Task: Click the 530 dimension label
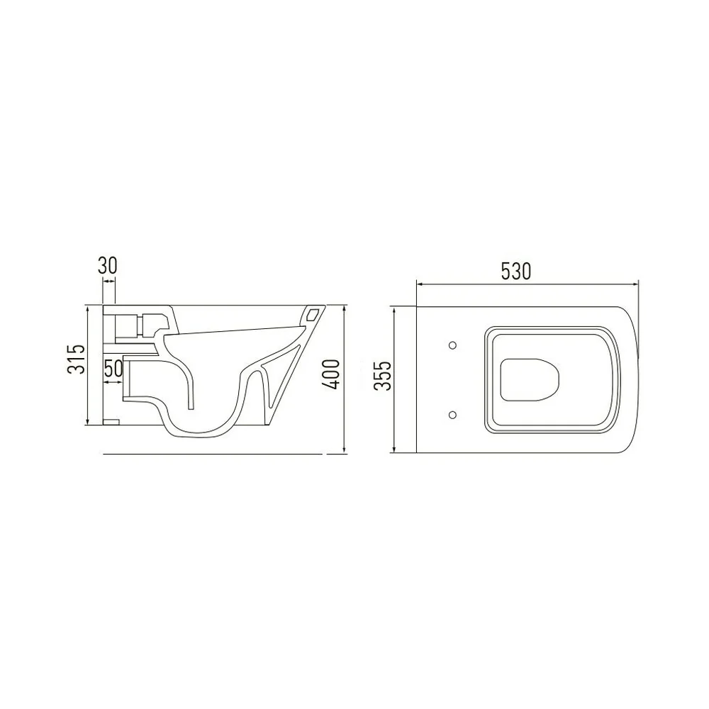tap(516, 272)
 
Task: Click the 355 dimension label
tap(384, 376)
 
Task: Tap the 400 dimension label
tap(331, 374)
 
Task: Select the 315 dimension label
tap(77, 359)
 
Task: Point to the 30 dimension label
tap(108, 265)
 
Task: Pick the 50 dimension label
tap(113, 369)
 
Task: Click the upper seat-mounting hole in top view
tap(452, 345)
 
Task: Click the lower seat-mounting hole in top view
tap(452, 414)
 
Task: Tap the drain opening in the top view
tap(530, 380)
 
